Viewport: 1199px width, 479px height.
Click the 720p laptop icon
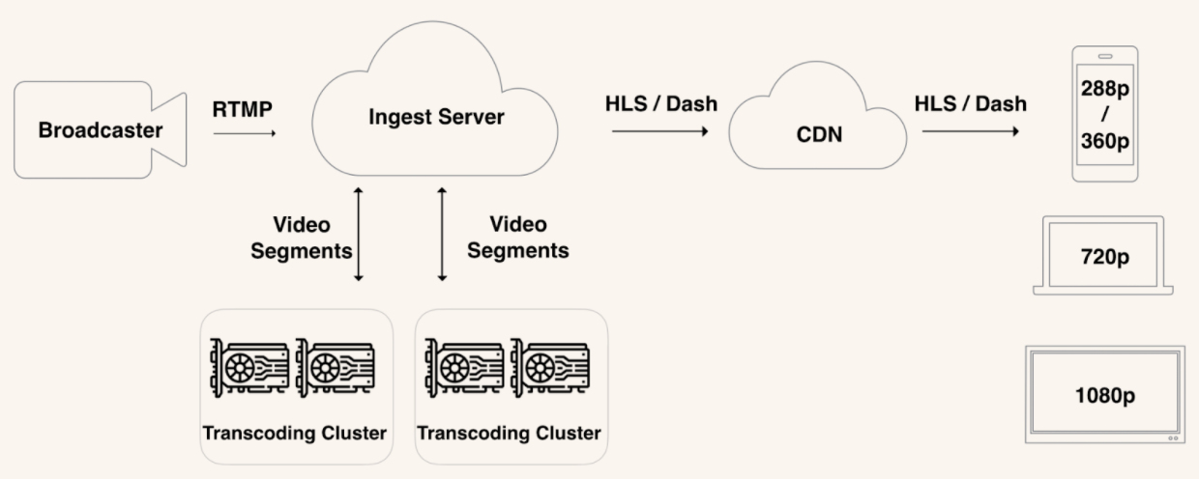[x=1103, y=257]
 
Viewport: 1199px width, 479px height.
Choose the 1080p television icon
[x=1105, y=395]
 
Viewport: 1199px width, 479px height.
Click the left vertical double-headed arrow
[x=359, y=234]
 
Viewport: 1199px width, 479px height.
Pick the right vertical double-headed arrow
[x=443, y=234]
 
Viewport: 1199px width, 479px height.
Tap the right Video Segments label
[x=518, y=238]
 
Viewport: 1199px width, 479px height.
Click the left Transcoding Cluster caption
[x=295, y=432]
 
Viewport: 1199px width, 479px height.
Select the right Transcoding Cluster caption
[x=510, y=432]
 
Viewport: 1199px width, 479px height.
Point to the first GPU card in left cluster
[x=249, y=369]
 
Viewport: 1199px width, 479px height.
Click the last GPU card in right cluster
[x=549, y=369]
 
